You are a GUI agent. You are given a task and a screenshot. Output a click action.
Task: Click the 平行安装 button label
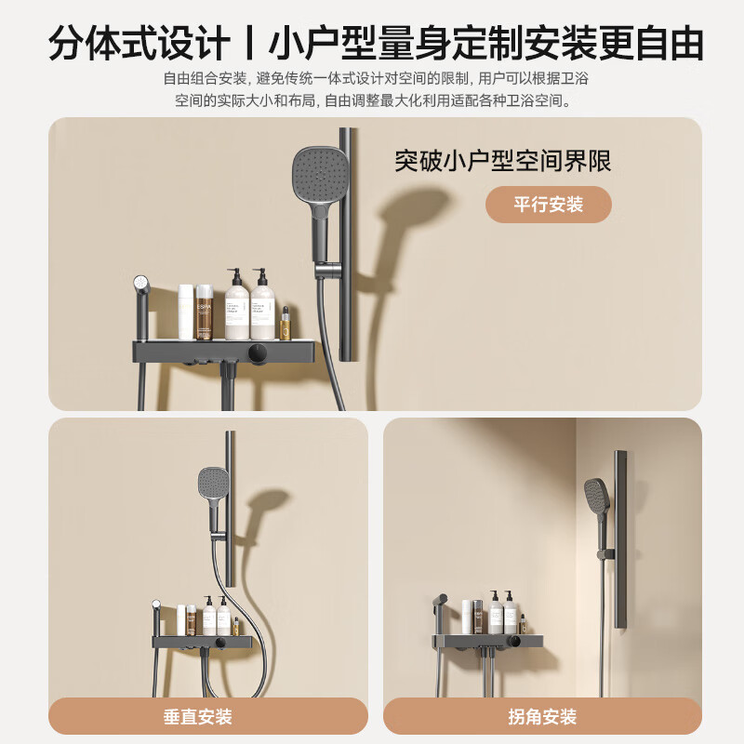548,205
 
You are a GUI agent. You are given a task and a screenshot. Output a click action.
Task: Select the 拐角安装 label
542,716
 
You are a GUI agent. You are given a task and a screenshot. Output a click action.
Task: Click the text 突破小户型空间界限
503,160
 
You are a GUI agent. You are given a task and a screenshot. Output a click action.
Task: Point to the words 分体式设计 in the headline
139,44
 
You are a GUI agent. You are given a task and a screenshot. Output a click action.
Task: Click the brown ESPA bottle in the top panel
205,313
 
